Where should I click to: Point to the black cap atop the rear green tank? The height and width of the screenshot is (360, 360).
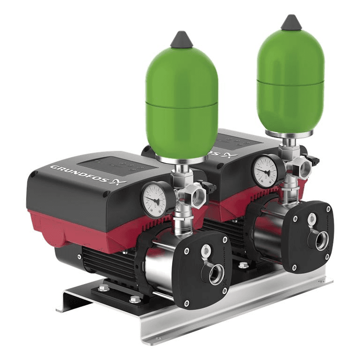291,22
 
